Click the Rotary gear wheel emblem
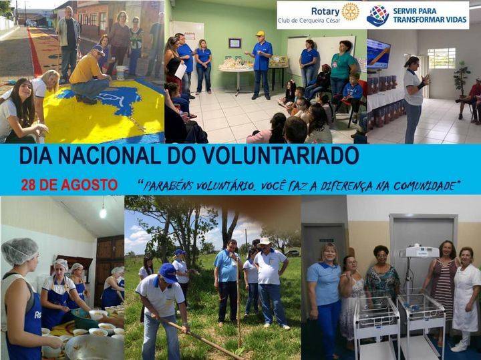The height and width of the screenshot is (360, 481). pos(350,11)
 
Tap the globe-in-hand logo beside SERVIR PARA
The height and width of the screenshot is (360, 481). pos(378,15)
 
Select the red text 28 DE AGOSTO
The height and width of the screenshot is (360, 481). pos(69,185)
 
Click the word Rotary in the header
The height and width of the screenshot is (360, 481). pos(325,11)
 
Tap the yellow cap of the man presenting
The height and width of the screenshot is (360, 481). pos(260,33)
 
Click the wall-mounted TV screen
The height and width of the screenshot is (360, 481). pos(379,53)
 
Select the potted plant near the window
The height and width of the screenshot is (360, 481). pos(461,77)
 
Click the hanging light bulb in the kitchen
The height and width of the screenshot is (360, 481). pos(103,212)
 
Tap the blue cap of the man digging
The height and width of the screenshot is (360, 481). pos(168,271)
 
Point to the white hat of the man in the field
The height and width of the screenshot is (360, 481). pos(265,241)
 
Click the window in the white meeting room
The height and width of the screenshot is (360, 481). pos(441,58)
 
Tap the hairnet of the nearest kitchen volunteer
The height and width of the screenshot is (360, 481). pos(19,251)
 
